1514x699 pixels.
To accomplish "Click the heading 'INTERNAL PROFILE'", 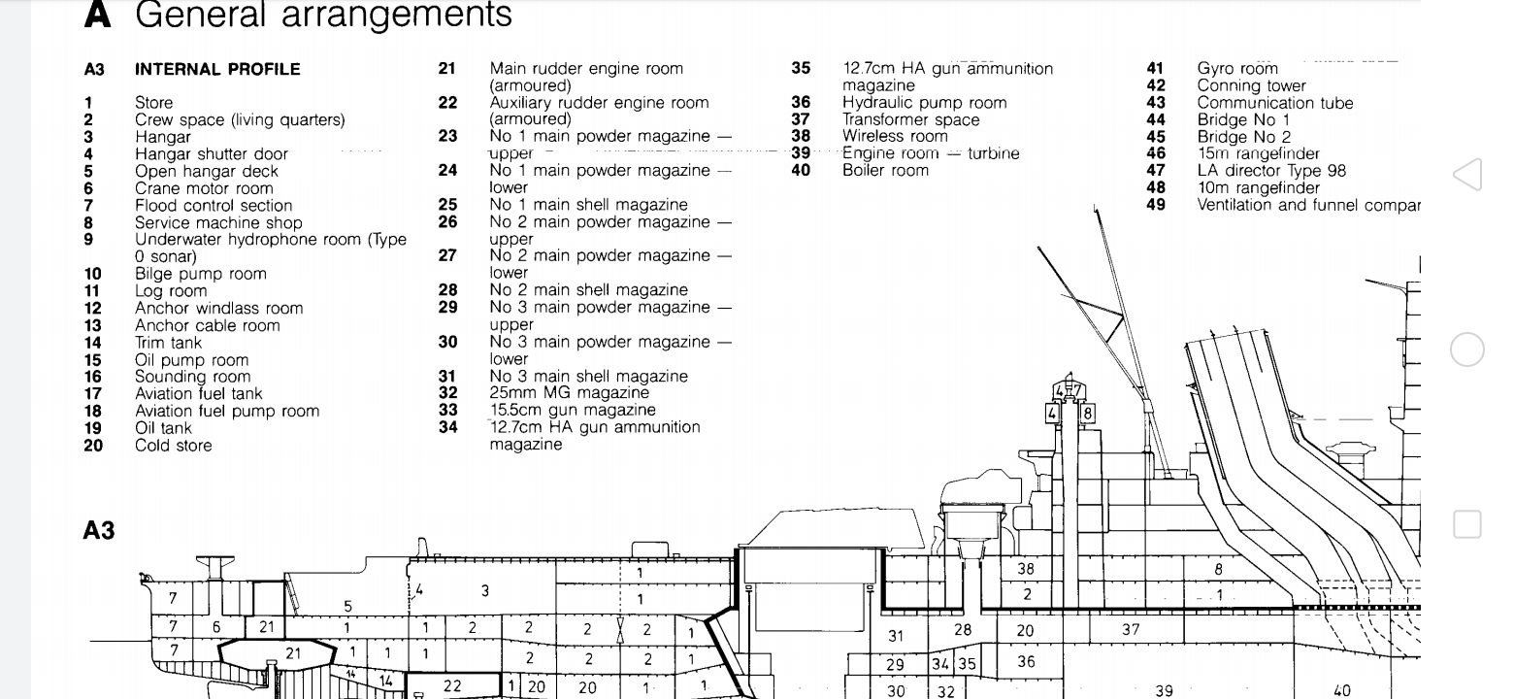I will (217, 69).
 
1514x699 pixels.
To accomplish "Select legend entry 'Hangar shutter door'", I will (212, 154).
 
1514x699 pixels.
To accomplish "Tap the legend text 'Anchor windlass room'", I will (218, 309).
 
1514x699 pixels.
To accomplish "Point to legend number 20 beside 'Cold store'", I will (93, 446).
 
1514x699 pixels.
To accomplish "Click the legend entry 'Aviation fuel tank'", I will (198, 394).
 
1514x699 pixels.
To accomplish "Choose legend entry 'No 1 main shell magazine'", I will (588, 205).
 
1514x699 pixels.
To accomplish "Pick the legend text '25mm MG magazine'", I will (569, 393).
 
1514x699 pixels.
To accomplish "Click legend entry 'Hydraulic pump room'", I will (924, 103).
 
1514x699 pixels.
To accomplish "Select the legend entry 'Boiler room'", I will (885, 171).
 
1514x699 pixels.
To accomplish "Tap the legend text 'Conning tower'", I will (1251, 85).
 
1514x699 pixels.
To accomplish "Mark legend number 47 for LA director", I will (1156, 171).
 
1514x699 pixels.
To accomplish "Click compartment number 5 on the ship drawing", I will (348, 607).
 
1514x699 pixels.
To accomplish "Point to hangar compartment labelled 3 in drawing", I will (484, 590).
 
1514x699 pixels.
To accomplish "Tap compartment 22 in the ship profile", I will (452, 685).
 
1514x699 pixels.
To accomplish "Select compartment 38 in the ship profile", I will (1026, 569).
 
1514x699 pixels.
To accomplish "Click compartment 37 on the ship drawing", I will (1131, 629).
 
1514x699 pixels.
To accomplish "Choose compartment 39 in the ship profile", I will (1164, 690).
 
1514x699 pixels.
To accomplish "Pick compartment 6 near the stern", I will (216, 627).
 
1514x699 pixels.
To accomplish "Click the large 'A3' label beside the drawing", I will (99, 530).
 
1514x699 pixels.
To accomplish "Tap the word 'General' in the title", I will (199, 15).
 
